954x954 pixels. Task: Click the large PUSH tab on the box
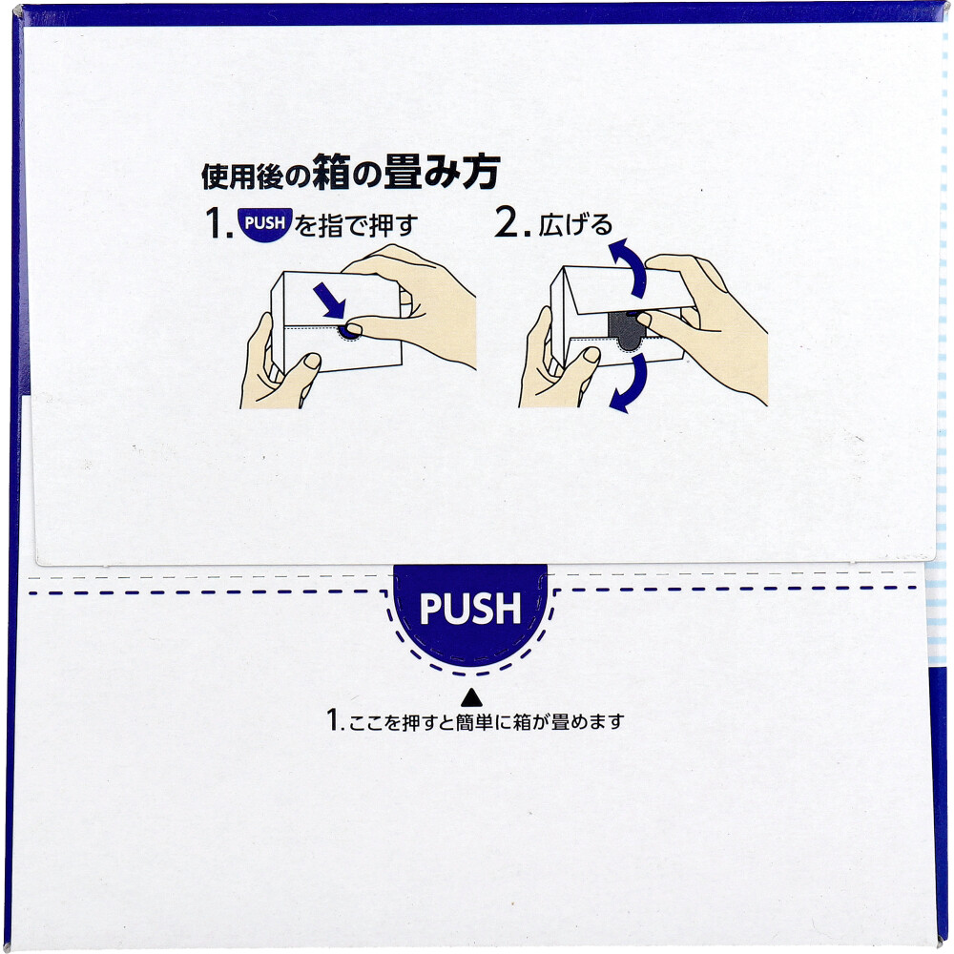pos(470,612)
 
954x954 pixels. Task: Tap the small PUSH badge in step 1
pos(264,225)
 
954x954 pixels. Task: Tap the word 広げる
pos(575,226)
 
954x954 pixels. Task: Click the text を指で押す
pos(357,226)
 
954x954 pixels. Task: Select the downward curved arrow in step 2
pos(625,381)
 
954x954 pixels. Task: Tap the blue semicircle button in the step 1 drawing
pos(350,330)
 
